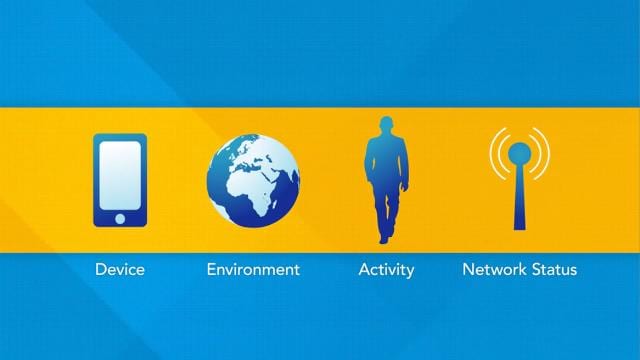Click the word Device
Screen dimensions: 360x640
(x=120, y=269)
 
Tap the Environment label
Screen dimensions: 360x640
(x=253, y=269)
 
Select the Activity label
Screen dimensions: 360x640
(x=386, y=269)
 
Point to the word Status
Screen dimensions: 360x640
(x=556, y=269)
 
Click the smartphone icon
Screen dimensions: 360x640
(x=120, y=180)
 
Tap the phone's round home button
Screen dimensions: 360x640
(x=120, y=218)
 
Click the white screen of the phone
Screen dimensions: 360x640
(x=120, y=174)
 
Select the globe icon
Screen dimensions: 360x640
(x=253, y=179)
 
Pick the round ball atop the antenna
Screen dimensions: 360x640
(x=519, y=153)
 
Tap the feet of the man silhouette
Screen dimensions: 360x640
(x=384, y=237)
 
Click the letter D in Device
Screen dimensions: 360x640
(x=100, y=269)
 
